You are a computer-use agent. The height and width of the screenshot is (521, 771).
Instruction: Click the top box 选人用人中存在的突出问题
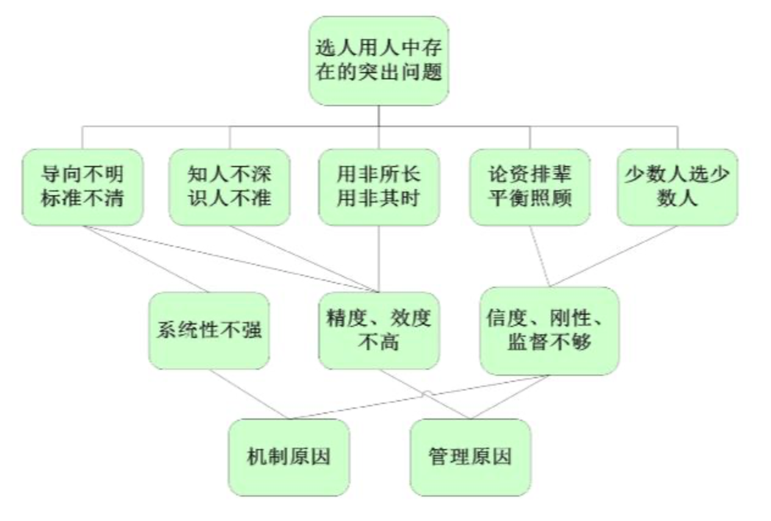coord(378,61)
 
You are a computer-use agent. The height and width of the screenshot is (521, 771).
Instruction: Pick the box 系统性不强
coord(209,331)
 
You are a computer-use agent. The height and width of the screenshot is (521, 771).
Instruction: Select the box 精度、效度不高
coord(378,331)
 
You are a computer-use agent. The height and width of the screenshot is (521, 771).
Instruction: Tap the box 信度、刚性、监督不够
coord(549,331)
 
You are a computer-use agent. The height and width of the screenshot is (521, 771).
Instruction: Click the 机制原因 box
coord(289,457)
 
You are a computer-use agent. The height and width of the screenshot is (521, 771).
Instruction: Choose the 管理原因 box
coord(470,457)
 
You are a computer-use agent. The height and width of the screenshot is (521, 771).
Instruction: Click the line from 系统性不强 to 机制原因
coord(249,394)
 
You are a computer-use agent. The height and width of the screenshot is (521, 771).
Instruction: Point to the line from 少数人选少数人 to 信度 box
coord(613,256)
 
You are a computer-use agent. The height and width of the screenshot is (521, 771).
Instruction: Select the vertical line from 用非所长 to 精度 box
coord(379,256)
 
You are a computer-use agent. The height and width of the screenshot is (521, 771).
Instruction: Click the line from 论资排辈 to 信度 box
coord(539,256)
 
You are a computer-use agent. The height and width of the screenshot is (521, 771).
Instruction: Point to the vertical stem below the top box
coord(378,116)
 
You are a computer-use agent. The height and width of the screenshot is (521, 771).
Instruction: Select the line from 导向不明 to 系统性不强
coord(146,259)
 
